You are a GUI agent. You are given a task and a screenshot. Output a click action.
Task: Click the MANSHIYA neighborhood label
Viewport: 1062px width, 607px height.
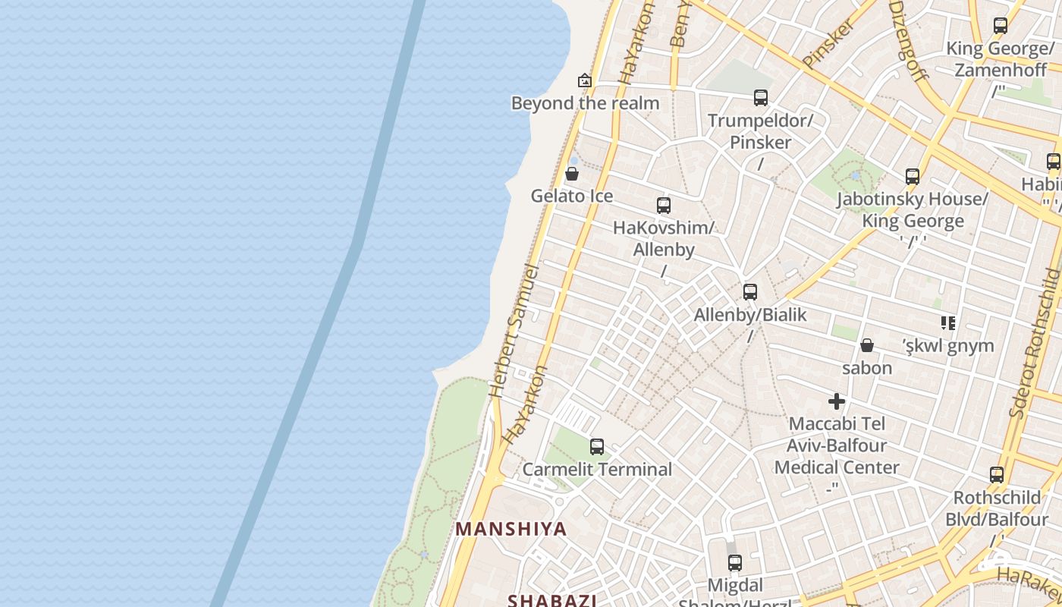pyautogui.click(x=511, y=529)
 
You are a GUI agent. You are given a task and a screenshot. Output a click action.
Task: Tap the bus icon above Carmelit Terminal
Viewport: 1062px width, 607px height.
pyautogui.click(x=597, y=447)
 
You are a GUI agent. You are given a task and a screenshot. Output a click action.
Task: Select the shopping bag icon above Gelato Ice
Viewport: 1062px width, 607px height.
pyautogui.click(x=572, y=174)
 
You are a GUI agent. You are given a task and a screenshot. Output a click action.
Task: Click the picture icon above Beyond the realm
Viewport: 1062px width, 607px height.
pyautogui.click(x=585, y=80)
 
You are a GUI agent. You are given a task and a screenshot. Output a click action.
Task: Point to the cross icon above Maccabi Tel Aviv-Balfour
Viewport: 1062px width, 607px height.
pyautogui.click(x=837, y=401)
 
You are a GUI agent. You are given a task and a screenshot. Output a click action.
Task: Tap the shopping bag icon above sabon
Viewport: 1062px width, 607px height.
pyautogui.click(x=867, y=346)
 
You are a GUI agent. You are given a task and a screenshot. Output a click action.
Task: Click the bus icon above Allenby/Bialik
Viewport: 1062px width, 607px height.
pyautogui.click(x=750, y=292)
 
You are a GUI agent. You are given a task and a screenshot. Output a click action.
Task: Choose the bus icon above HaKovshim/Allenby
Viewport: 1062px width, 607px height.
pyautogui.click(x=664, y=206)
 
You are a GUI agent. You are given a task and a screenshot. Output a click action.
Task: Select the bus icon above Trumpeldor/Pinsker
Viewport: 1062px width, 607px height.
pyautogui.click(x=761, y=98)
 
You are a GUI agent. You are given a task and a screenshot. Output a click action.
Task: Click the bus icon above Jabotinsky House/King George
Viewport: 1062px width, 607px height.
pyautogui.click(x=913, y=177)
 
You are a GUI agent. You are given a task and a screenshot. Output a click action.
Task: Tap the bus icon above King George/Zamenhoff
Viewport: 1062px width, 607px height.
pyautogui.click(x=1001, y=26)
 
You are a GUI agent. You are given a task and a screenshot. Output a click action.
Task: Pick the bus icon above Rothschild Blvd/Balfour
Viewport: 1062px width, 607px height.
pyautogui.click(x=997, y=476)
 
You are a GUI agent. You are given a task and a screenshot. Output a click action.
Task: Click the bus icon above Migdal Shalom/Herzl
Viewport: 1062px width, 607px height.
pyautogui.click(x=734, y=563)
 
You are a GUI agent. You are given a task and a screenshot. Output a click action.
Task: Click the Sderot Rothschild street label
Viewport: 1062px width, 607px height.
pyautogui.click(x=1035, y=341)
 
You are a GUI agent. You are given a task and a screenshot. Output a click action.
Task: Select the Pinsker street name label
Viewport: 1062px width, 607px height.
pyautogui.click(x=828, y=44)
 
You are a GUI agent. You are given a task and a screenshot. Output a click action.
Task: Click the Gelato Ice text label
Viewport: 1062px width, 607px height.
pyautogui.click(x=572, y=196)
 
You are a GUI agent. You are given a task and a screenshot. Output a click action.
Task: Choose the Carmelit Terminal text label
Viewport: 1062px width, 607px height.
pyautogui.click(x=597, y=469)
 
